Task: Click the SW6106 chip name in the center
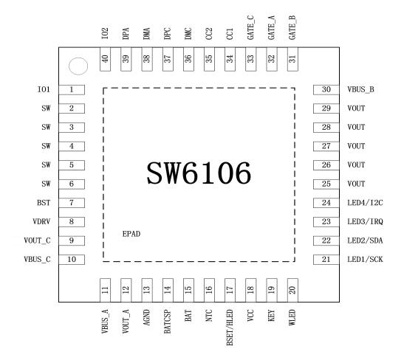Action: (x=199, y=173)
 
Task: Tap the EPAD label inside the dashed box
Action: (x=131, y=234)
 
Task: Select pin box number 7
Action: (x=72, y=203)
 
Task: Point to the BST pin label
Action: (x=44, y=203)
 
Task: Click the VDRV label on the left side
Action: (x=41, y=221)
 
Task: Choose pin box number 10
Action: (x=72, y=260)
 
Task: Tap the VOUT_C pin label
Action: (x=37, y=240)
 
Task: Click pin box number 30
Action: (x=326, y=89)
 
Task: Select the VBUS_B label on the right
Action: (x=360, y=89)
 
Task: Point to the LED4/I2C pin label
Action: (x=365, y=203)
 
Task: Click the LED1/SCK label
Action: (x=365, y=260)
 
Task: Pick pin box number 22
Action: (x=326, y=240)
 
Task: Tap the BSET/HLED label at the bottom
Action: (x=229, y=328)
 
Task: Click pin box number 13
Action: (x=147, y=290)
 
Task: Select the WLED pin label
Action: (x=292, y=317)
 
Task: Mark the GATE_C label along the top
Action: (x=250, y=28)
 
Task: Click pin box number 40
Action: (x=105, y=59)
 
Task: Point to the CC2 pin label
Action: (x=209, y=34)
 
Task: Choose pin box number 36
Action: (x=188, y=59)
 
